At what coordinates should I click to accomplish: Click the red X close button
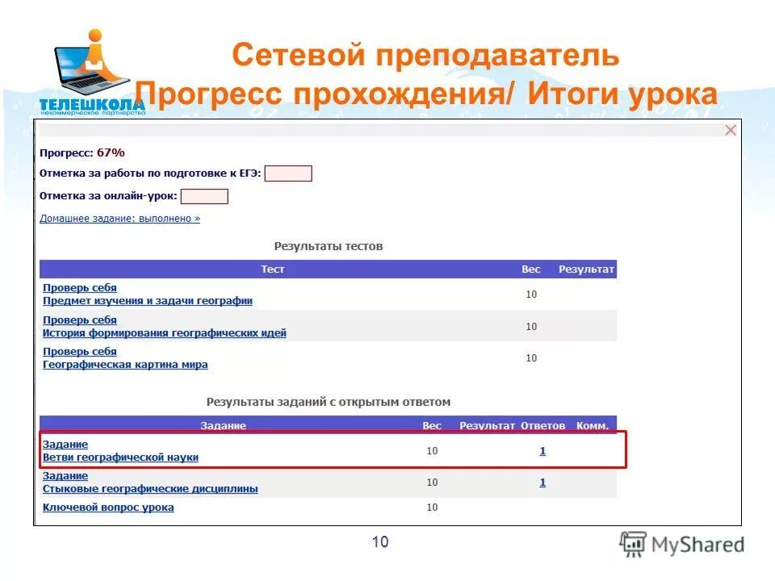coord(731,131)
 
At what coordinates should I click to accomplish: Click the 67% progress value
coord(111,153)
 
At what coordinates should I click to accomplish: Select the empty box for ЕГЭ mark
coord(288,173)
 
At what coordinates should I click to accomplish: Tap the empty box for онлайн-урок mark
coord(204,196)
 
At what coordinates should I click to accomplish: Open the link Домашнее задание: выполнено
coord(119,218)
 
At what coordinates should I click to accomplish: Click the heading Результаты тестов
coord(329,246)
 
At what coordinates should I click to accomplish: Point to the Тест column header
coord(273,270)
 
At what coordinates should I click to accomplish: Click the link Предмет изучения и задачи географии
coord(148,301)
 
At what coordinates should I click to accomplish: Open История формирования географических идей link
coord(165,333)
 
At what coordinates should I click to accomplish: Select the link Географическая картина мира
coord(125,365)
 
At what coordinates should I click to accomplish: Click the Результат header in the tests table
coord(587,270)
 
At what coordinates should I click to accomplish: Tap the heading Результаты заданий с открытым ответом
coord(329,402)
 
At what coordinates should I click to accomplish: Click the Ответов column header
coord(543,425)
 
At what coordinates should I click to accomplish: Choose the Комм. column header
coord(593,425)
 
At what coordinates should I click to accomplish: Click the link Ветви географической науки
coord(120,458)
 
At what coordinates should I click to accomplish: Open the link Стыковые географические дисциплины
coord(150,489)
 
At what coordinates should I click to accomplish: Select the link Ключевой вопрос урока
coord(108,508)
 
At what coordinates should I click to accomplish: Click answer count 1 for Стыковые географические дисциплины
coord(542,483)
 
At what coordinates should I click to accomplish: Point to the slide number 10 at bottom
coord(380,542)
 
